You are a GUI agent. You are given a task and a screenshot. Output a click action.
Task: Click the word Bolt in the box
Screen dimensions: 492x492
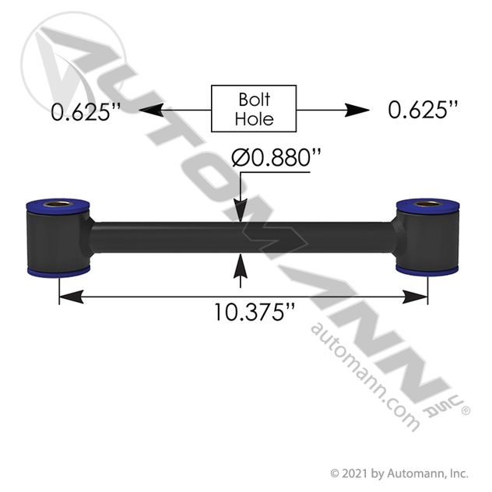(x=254, y=100)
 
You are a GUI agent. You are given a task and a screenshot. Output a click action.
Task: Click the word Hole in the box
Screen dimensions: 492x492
(x=254, y=119)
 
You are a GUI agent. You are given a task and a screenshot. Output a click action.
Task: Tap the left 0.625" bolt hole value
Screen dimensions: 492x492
(x=86, y=111)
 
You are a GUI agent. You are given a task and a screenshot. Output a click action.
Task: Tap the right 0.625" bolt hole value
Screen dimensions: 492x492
(x=423, y=110)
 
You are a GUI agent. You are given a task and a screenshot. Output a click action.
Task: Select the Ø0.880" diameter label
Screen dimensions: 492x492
(x=276, y=158)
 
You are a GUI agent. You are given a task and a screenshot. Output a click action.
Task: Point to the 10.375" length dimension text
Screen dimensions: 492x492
(x=254, y=312)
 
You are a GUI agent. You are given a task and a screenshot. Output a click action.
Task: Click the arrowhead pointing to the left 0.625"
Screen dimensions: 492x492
(x=151, y=110)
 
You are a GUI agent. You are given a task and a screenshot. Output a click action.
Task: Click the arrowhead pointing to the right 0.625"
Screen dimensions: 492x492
(x=357, y=110)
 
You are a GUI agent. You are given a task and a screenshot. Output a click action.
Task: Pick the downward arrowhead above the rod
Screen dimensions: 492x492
(x=241, y=210)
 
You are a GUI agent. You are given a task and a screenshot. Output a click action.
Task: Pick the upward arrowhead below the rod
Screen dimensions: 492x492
(x=241, y=266)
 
